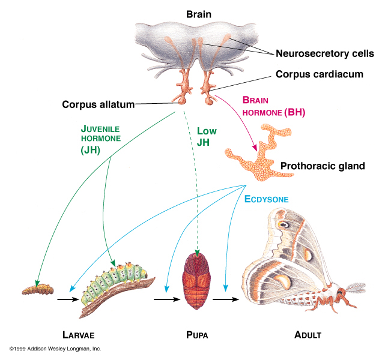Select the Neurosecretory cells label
click(x=324, y=53)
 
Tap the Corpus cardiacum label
click(x=320, y=74)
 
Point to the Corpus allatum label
click(x=99, y=104)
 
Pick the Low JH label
click(x=206, y=136)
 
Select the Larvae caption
click(x=79, y=334)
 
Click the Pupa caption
click(x=198, y=334)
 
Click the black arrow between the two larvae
click(x=66, y=297)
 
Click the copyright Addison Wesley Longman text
click(x=55, y=349)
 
